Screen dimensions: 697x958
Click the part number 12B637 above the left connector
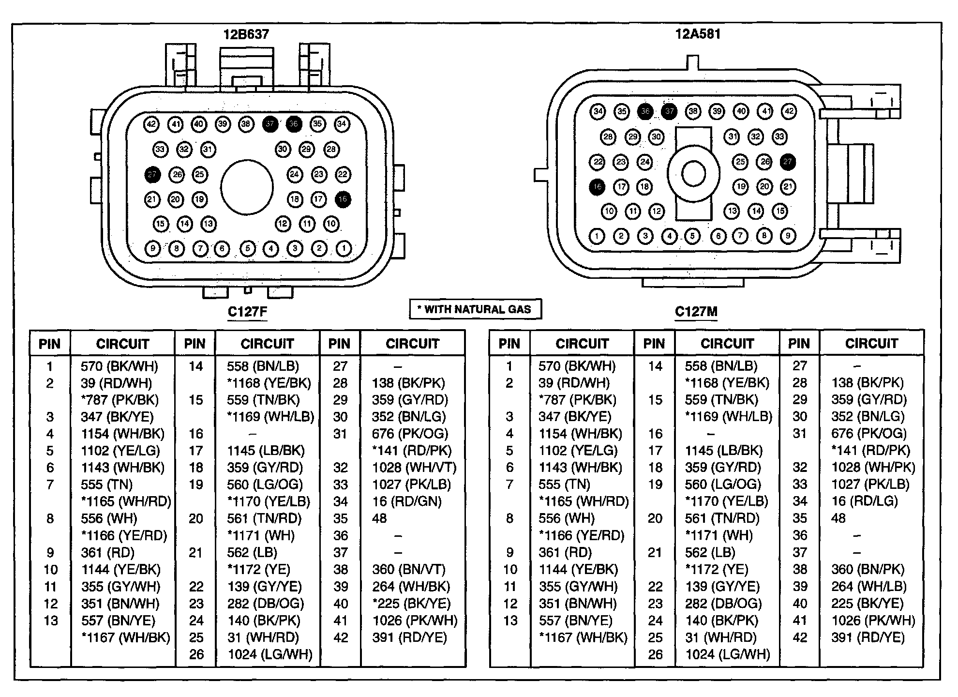(246, 34)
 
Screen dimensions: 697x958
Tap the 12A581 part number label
(698, 34)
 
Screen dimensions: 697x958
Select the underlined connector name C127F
(247, 311)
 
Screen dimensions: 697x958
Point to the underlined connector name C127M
(696, 312)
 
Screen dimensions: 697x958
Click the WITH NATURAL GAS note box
(475, 309)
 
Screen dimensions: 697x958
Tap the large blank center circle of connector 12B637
(247, 187)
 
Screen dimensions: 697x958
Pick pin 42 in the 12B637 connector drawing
(151, 124)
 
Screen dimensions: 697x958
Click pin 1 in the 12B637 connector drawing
(344, 248)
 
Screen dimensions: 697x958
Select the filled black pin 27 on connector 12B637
(152, 174)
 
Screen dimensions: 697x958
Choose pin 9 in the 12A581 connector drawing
(788, 236)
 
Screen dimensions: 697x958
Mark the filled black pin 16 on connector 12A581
(598, 186)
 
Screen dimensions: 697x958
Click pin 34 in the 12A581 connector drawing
(598, 111)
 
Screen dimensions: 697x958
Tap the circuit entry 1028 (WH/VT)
(414, 468)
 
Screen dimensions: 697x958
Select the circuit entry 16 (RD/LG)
(865, 501)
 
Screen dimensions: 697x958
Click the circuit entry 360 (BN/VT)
(409, 569)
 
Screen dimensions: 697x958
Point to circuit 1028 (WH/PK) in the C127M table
(873, 468)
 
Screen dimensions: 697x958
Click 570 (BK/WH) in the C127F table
(120, 366)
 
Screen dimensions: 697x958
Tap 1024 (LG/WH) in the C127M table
(727, 654)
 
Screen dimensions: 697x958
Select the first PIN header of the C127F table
(50, 344)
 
